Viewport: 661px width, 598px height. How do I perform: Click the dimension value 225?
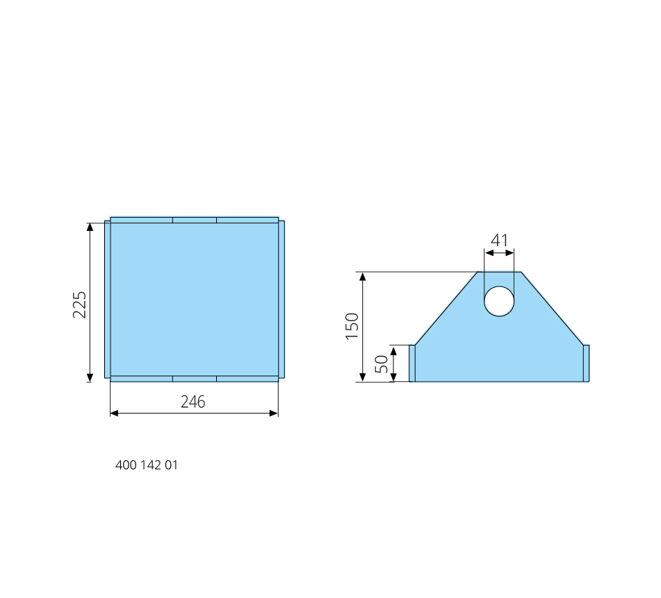[x=79, y=305]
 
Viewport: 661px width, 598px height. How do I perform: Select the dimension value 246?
[x=193, y=402]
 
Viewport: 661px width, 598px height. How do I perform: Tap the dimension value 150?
[x=352, y=326]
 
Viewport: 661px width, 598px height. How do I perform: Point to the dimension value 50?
[x=382, y=364]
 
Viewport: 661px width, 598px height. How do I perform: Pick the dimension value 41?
[x=500, y=241]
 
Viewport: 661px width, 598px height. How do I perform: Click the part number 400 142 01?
[x=147, y=465]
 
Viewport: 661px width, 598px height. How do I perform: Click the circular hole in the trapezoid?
[x=499, y=301]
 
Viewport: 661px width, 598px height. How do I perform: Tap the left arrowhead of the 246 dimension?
[x=114, y=413]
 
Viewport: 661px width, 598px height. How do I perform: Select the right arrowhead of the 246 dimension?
[x=274, y=413]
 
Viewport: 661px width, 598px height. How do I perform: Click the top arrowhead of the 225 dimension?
[x=90, y=227]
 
